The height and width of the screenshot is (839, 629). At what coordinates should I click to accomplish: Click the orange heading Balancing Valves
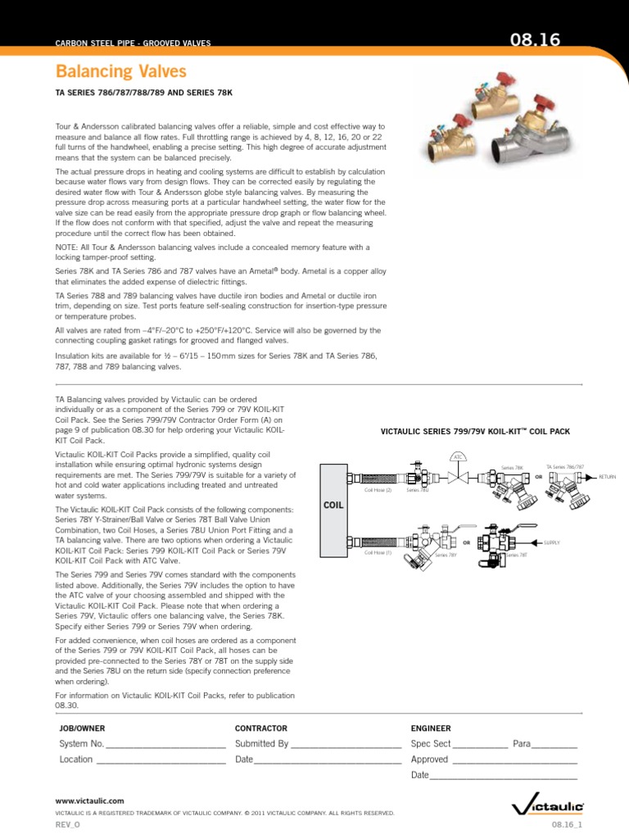click(x=120, y=72)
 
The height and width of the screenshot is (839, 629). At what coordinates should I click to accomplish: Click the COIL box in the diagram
click(x=333, y=506)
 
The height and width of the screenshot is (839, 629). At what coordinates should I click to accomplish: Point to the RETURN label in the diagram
click(x=607, y=476)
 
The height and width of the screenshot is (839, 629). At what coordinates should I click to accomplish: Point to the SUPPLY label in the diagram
click(x=552, y=542)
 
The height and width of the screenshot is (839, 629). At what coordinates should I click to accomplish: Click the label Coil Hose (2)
click(x=378, y=490)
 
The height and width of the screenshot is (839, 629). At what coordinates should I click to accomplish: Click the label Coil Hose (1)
click(x=378, y=552)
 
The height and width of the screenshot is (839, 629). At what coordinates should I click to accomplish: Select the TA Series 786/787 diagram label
click(x=565, y=466)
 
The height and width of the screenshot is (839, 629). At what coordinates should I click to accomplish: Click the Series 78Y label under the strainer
click(x=446, y=556)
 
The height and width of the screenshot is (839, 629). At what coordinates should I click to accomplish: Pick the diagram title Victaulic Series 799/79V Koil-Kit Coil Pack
click(x=476, y=431)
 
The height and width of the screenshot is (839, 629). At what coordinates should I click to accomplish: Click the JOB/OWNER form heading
click(x=82, y=728)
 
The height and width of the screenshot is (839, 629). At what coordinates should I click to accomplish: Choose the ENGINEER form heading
click(x=430, y=728)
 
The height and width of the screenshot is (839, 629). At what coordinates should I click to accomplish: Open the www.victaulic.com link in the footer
click(x=89, y=800)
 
